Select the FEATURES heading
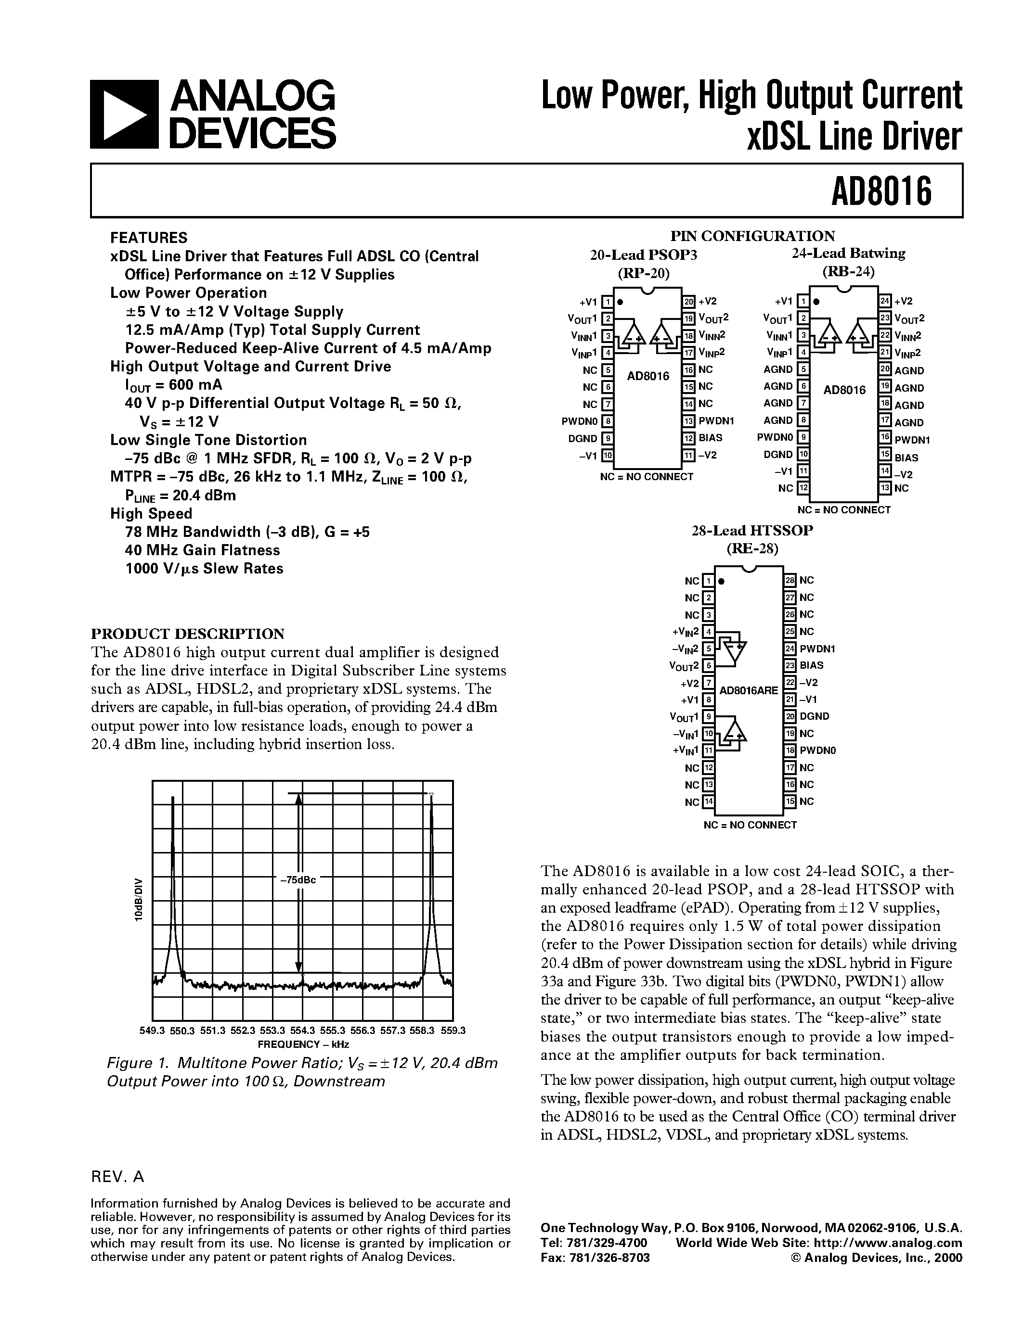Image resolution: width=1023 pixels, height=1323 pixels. (x=148, y=238)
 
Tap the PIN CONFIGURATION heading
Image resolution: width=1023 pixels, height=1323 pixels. (x=752, y=236)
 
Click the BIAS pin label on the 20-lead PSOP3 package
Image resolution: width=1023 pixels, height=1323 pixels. (x=710, y=437)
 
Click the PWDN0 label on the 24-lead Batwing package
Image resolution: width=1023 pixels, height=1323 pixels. (x=775, y=437)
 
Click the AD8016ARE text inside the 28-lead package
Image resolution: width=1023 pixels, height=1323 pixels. (x=749, y=690)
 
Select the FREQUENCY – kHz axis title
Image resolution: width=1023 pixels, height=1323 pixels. (x=303, y=1044)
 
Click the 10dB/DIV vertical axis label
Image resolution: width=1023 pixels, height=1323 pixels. (x=138, y=900)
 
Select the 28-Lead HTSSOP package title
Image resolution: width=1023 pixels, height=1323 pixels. (x=752, y=531)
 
